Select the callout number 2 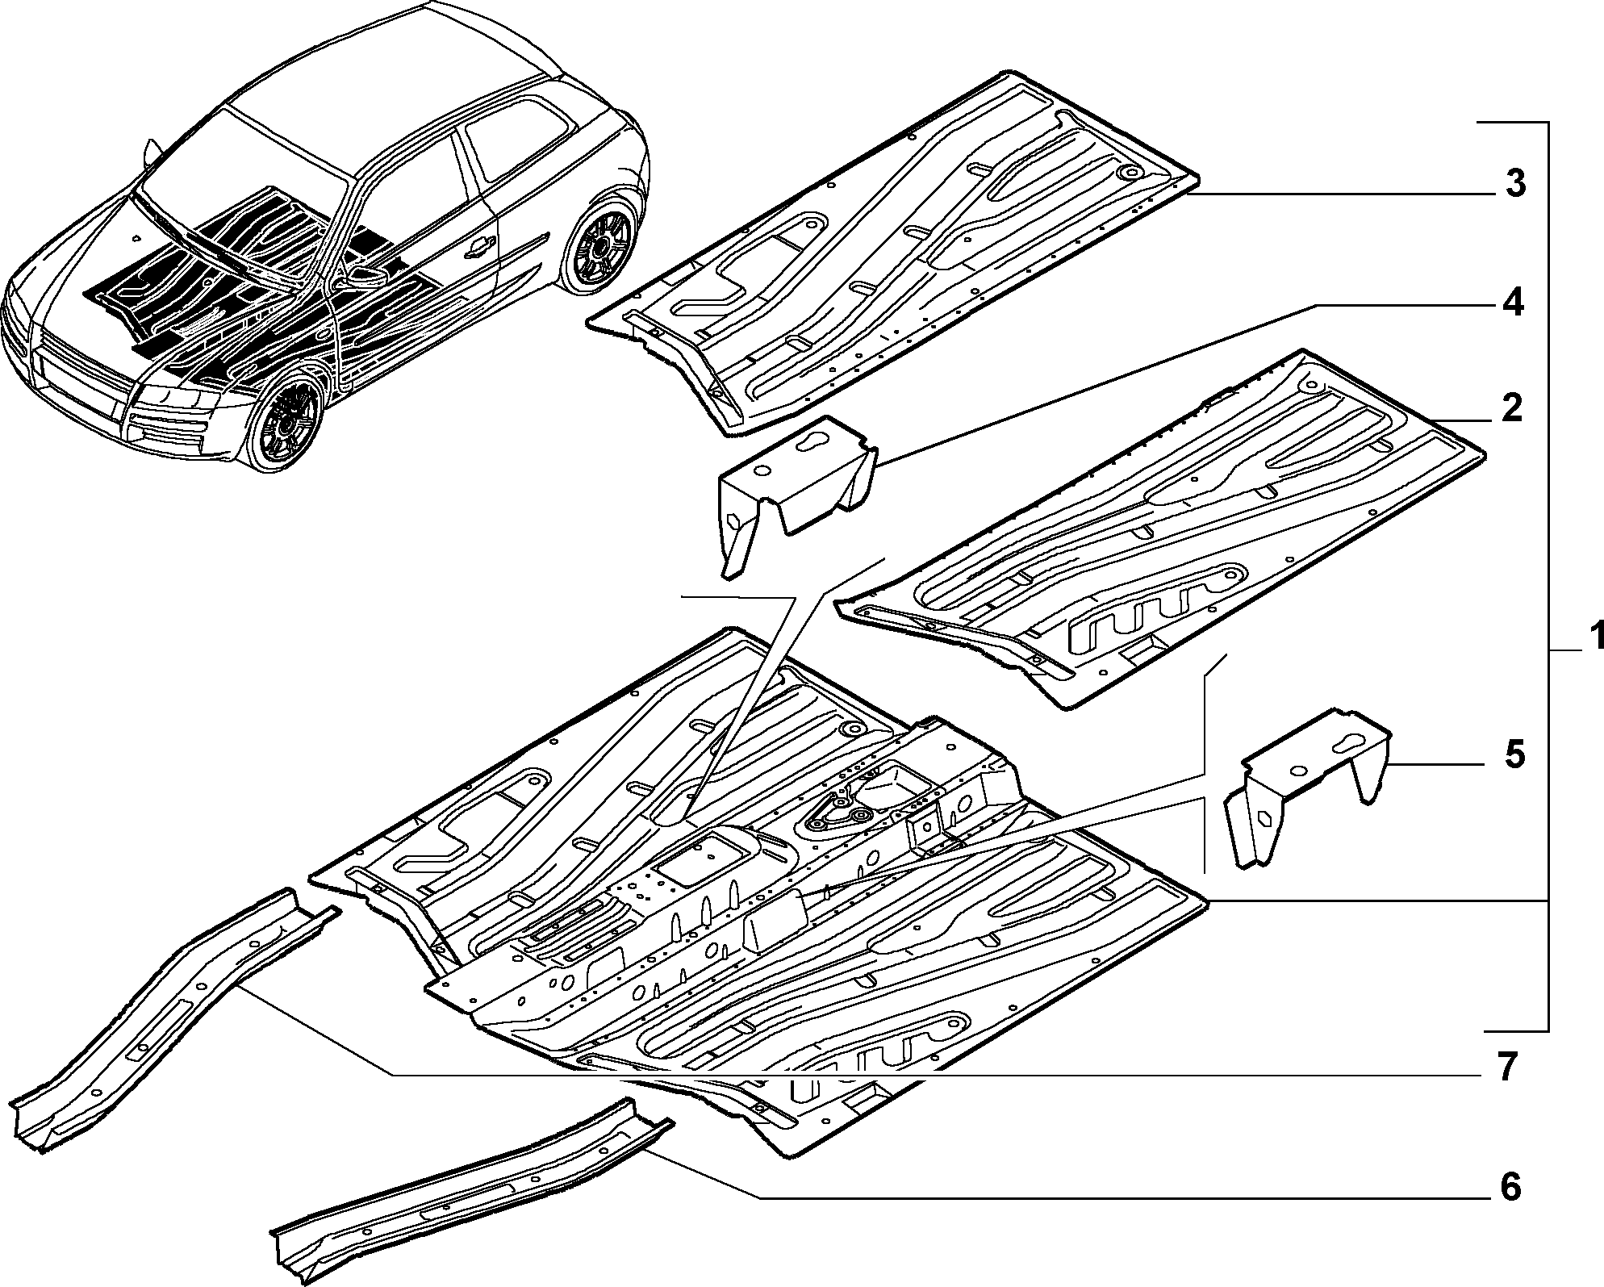pyautogui.click(x=1511, y=407)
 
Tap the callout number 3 pyautogui.click(x=1514, y=184)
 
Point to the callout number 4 pyautogui.click(x=1511, y=304)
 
